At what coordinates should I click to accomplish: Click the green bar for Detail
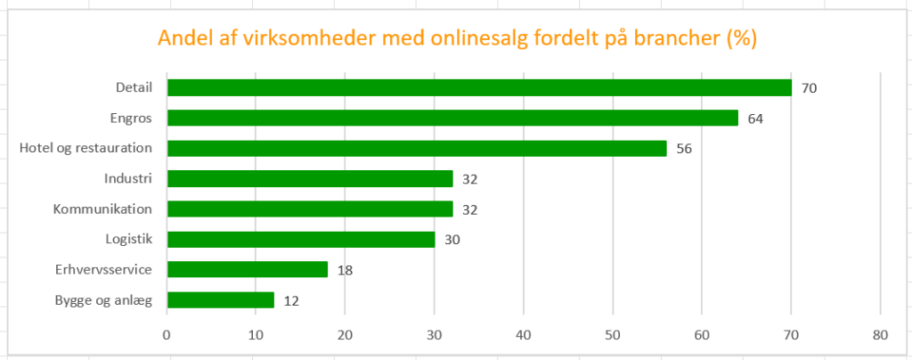tap(479, 87)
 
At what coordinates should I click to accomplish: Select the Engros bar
tap(452, 118)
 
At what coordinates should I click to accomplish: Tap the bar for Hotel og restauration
tap(417, 148)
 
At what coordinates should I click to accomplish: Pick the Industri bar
tap(310, 178)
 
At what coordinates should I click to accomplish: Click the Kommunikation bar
tap(310, 209)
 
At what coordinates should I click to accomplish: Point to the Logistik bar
tap(301, 239)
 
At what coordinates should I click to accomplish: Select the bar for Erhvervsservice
tap(248, 269)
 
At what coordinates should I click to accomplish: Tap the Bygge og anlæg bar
tap(221, 299)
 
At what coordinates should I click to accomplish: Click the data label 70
tap(809, 88)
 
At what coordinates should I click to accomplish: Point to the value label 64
tap(755, 119)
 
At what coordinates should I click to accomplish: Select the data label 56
tap(684, 149)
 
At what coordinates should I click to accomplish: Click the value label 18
tap(346, 270)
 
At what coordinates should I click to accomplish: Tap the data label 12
tap(291, 300)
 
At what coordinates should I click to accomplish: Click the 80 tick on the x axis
tap(880, 336)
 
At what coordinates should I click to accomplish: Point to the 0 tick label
tap(167, 336)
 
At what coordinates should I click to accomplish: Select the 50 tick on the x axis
tap(613, 336)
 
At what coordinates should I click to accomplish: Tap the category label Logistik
tap(129, 239)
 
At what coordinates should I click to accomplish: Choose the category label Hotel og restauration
tap(86, 148)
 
